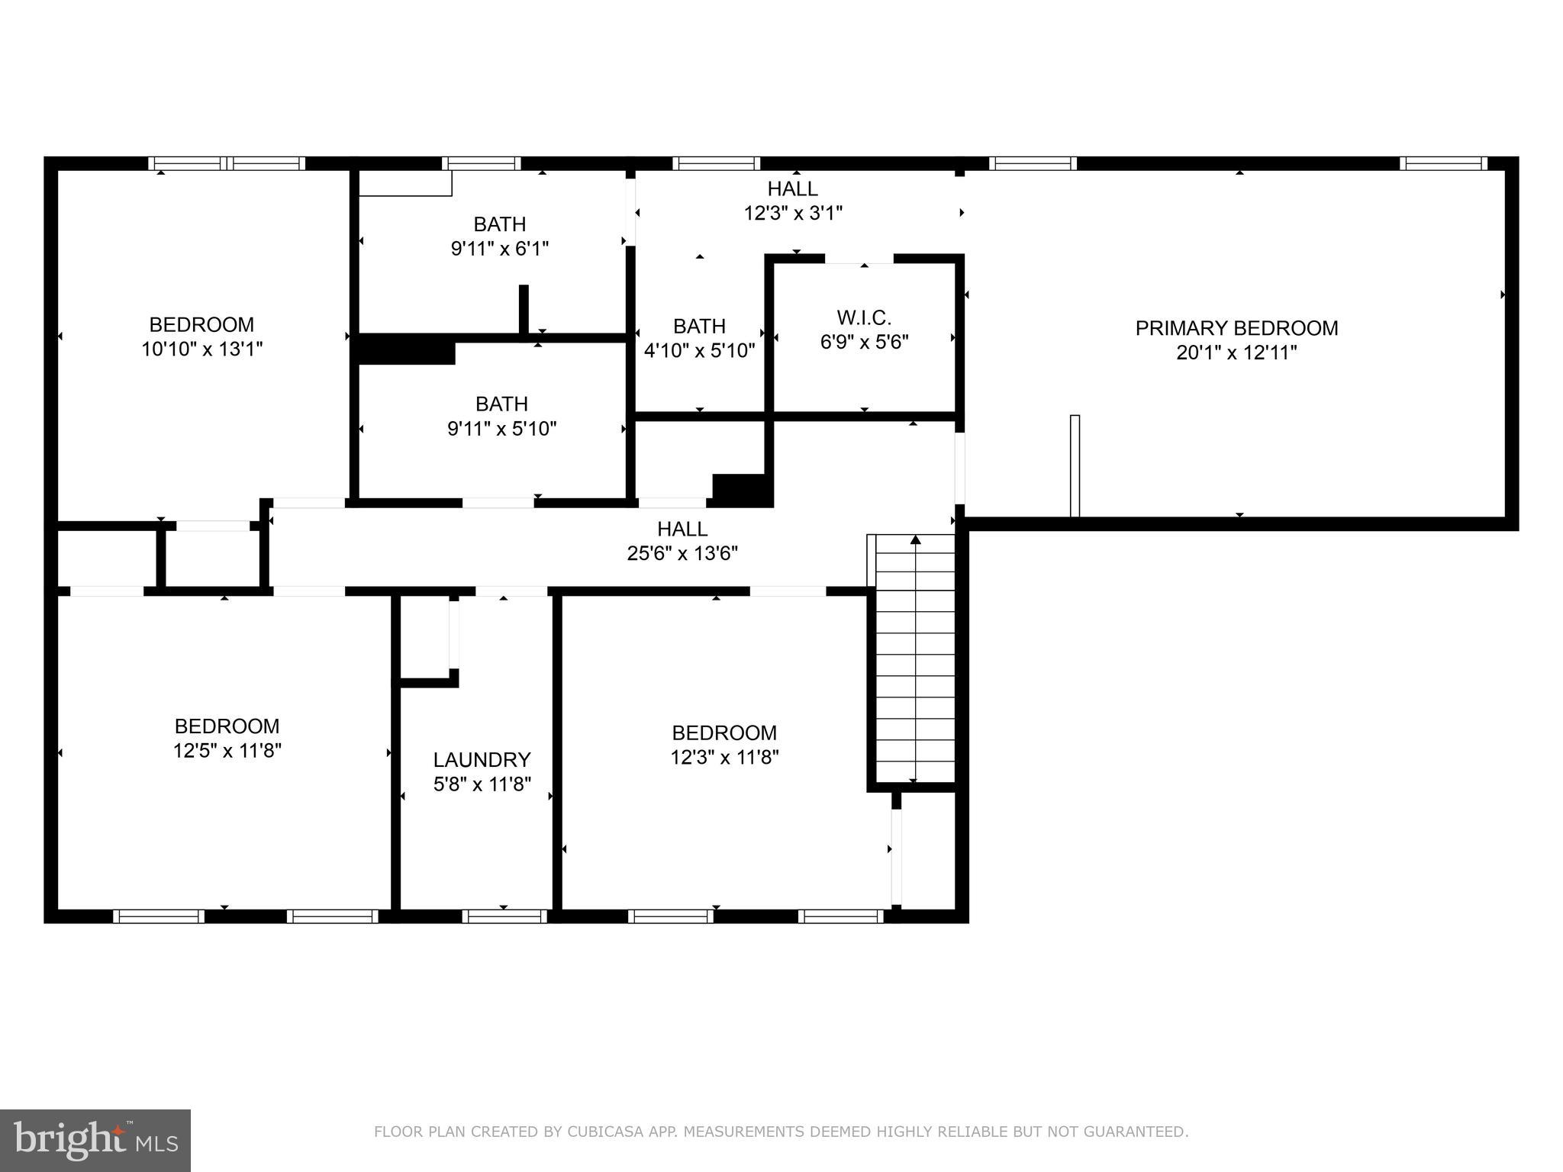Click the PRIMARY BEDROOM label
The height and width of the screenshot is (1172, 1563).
click(1236, 328)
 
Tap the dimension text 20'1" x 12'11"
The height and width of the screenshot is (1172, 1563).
click(1236, 353)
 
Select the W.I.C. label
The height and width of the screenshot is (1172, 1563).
click(864, 317)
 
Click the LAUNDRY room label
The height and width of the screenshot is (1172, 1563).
click(482, 760)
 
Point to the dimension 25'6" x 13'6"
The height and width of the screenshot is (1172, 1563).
click(682, 553)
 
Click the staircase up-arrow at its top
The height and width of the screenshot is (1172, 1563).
click(915, 541)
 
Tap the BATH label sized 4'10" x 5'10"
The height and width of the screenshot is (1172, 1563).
click(699, 327)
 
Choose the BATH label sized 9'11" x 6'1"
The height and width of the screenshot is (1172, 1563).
click(500, 224)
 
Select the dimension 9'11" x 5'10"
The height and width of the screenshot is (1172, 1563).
click(501, 429)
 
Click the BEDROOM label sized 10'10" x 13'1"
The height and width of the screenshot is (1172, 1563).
click(201, 325)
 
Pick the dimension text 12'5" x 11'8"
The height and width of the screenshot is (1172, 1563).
click(227, 751)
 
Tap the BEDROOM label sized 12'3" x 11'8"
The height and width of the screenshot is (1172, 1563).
click(724, 733)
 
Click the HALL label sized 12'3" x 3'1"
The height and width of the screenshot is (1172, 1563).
click(792, 188)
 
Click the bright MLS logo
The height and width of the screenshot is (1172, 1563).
click(95, 1140)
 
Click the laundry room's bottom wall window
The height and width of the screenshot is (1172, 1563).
click(504, 916)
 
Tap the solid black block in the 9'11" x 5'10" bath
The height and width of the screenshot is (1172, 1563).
click(406, 353)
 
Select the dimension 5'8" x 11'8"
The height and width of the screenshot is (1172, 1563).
click(482, 784)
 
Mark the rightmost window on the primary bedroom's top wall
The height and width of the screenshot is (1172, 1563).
click(1443, 163)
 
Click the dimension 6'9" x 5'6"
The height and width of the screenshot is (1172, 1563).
click(864, 342)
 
